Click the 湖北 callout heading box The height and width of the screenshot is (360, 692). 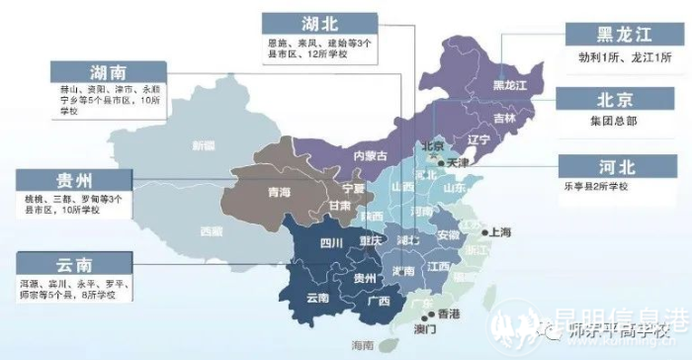(x=318, y=24)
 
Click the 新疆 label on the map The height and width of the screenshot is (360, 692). (x=203, y=145)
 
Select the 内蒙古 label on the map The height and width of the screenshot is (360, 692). (x=371, y=155)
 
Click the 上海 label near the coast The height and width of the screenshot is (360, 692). (x=499, y=232)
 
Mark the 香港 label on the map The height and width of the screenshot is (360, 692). (x=448, y=314)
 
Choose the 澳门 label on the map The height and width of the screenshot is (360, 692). (x=426, y=328)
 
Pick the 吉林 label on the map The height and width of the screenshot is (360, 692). (x=503, y=119)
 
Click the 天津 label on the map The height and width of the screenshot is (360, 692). (x=458, y=162)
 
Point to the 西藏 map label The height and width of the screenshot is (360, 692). (x=212, y=232)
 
